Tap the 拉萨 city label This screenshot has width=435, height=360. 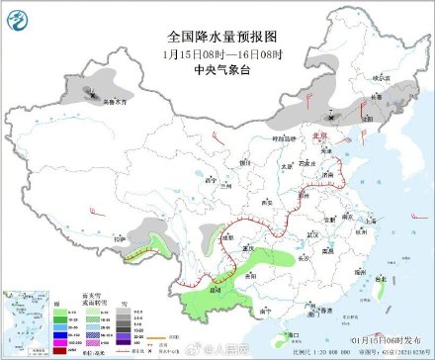[x=121, y=238]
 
